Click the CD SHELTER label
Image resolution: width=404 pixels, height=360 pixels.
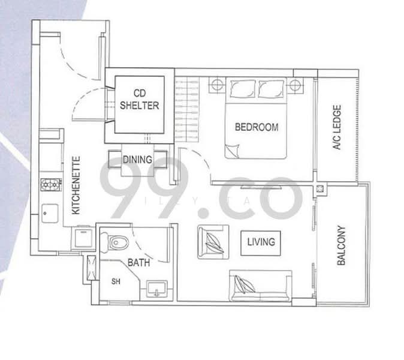coord(139,99)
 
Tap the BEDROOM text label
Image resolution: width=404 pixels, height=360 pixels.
coord(256,127)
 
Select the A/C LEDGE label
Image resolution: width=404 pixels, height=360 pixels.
coord(336,128)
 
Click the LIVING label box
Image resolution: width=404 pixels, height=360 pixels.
coord(260,242)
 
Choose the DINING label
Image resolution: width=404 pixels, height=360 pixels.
coord(137,160)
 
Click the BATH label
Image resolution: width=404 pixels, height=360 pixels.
coord(138,262)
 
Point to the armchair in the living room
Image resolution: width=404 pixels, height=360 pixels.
coord(212,241)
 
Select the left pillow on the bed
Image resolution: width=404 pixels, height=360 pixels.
coord(242,89)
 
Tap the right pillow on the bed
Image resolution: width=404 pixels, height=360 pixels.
coord(272,89)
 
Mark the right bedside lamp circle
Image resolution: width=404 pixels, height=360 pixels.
coord(295,85)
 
